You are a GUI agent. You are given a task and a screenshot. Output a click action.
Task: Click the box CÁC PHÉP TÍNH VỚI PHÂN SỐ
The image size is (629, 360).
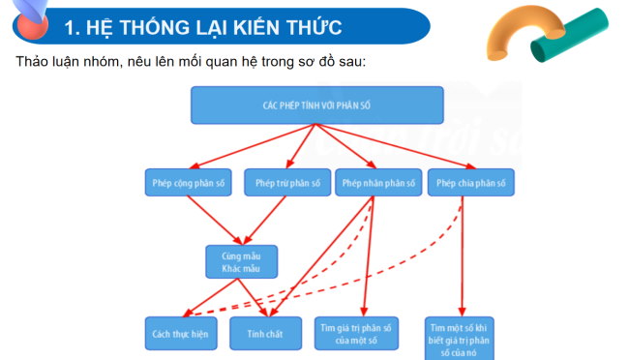point(316,105)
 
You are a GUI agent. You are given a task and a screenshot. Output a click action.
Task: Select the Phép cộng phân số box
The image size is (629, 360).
point(188,183)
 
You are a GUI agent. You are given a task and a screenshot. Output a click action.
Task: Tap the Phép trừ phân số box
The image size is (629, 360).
point(287,183)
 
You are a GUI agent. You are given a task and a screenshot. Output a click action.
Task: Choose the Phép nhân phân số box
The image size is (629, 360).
point(378,183)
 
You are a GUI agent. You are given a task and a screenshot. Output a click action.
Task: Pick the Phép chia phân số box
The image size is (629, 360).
point(471,183)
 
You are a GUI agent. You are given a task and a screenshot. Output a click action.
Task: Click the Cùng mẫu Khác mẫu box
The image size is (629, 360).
point(241,260)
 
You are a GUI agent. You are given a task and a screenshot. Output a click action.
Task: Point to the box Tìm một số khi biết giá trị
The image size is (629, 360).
point(462,337)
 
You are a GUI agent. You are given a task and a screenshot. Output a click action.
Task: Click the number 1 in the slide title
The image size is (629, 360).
point(70,28)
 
